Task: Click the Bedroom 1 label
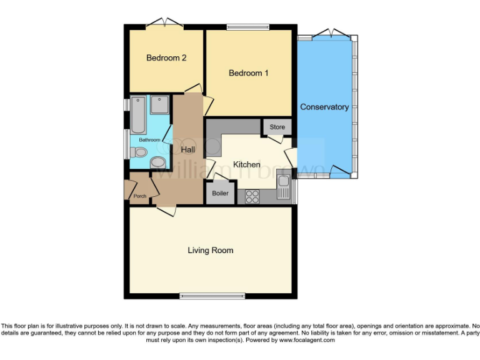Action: coord(248,73)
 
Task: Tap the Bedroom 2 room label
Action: coord(166,58)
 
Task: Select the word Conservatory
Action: coord(324,107)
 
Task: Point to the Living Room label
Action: coord(211,250)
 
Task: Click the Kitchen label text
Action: coord(246,164)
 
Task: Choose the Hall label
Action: coord(187,149)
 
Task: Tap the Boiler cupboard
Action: coord(220,193)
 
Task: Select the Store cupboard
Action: coord(277,127)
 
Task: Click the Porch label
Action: coord(140,196)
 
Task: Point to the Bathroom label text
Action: coord(149,140)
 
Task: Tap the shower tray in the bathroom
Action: coord(159,104)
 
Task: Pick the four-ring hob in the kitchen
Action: coord(252,196)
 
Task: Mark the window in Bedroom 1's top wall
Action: coord(247,26)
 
